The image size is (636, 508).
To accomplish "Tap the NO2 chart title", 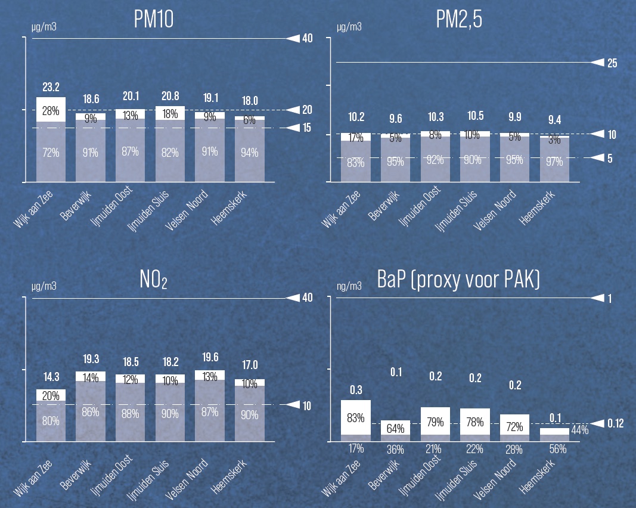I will pos(153,279).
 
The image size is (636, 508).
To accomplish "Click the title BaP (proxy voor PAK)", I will pos(458,279).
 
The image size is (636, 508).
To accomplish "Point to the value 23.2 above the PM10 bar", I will pos(51,87).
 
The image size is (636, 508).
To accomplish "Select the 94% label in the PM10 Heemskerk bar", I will pos(250,153).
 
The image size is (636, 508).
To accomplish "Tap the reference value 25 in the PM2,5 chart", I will pos(612,63).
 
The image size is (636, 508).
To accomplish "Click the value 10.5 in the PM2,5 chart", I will pos(474,116).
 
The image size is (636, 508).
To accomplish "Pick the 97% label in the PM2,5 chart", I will pos(554,161).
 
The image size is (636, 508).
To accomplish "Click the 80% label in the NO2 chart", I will pos(51,420).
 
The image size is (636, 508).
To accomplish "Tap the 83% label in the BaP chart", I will pos(355,418).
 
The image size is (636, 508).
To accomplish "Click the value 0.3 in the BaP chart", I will pos(355,390).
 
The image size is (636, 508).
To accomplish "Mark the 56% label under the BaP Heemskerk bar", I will pos(554,449).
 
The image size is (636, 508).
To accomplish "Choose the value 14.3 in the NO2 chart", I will pos(51,377).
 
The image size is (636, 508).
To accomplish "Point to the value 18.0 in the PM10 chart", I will pos(250,101).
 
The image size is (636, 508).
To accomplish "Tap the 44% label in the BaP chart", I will pos(579,430).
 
